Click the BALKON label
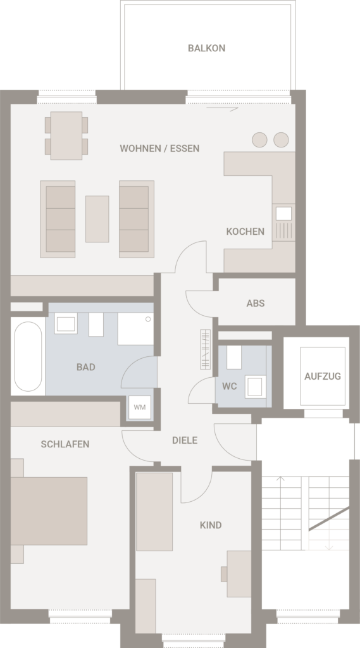[x=207, y=48]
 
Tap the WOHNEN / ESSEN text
[x=159, y=148]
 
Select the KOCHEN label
[x=245, y=232]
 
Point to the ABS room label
[x=256, y=303]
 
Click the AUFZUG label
[x=323, y=377]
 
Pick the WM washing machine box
[x=140, y=408]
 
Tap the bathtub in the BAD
[x=28, y=356]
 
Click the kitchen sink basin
[x=283, y=214]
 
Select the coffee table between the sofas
[x=97, y=219]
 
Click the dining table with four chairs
[x=66, y=135]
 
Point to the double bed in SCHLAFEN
[x=49, y=511]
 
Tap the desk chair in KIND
[x=224, y=574]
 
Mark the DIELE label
[x=185, y=440]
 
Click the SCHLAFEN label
[x=65, y=444]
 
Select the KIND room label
[x=211, y=525]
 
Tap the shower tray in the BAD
[x=135, y=329]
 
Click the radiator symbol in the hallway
[x=206, y=349]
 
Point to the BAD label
[x=86, y=367]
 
